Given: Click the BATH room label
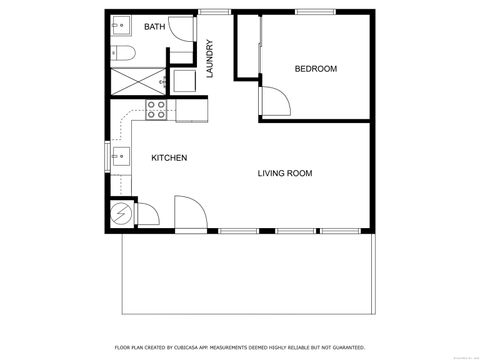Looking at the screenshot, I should (x=154, y=27).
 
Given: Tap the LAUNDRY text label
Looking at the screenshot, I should (x=210, y=58).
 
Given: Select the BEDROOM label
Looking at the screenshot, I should (x=315, y=69).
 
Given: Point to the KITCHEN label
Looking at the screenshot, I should (x=169, y=158).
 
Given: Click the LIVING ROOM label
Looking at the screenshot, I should (x=285, y=173).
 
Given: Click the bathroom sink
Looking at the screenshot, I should (x=119, y=26).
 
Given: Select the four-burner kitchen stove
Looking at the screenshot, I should (x=157, y=109).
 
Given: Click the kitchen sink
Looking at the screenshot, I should (x=120, y=155).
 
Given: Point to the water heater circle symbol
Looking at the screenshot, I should (x=120, y=214).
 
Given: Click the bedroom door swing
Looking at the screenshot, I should (x=275, y=99).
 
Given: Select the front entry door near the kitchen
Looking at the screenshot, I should (x=189, y=213).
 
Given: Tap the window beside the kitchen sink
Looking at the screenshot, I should (x=108, y=156).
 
